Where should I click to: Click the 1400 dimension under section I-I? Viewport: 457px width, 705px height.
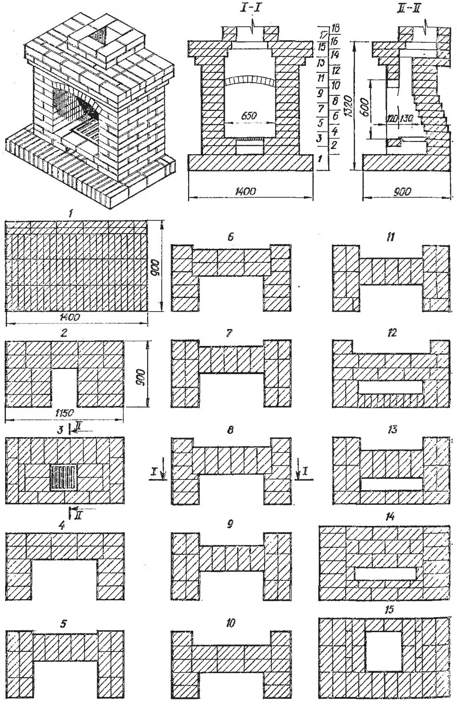coord(248,191)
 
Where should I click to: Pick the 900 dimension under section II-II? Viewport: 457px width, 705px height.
coord(401,191)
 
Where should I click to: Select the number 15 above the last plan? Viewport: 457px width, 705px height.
coord(388,610)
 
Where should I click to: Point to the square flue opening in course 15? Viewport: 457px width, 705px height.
coord(384,651)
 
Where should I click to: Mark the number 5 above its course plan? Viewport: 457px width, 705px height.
coord(64,624)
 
